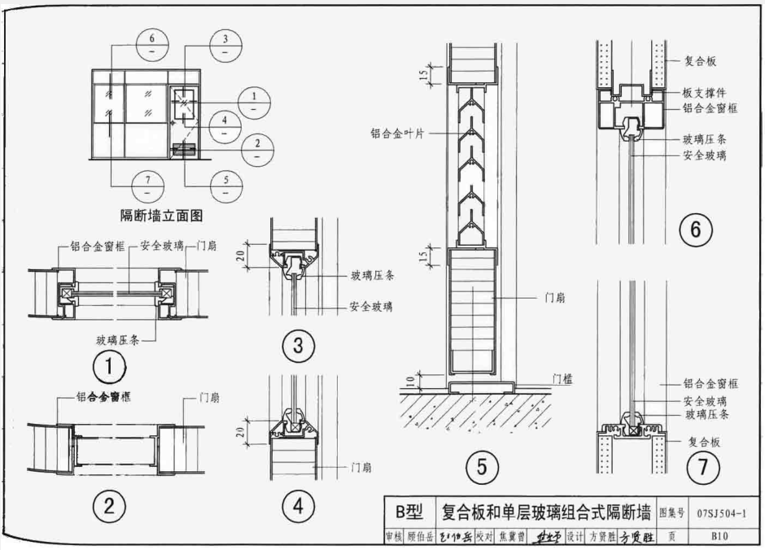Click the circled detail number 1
pos(108,369)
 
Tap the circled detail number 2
pos(108,506)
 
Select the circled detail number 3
pos(298,347)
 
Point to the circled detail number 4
pos(298,506)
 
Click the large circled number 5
pos(482,467)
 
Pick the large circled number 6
pos(695,231)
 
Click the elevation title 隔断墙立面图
pos(160,216)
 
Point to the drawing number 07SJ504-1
pos(721,513)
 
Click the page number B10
pos(719,536)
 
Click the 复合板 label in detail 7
pos(700,443)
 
